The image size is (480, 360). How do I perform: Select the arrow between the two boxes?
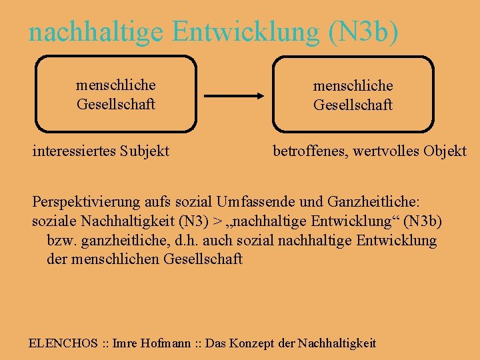click(234, 96)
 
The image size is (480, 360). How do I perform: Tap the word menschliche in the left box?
click(116, 85)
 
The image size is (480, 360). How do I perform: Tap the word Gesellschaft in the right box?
click(353, 105)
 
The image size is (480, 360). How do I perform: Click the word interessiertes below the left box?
click(73, 151)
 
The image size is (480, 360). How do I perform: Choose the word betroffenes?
click(309, 151)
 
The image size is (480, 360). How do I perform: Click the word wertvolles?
click(387, 151)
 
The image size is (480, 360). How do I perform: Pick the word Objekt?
click(445, 151)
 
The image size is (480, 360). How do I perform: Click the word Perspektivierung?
click(86, 202)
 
